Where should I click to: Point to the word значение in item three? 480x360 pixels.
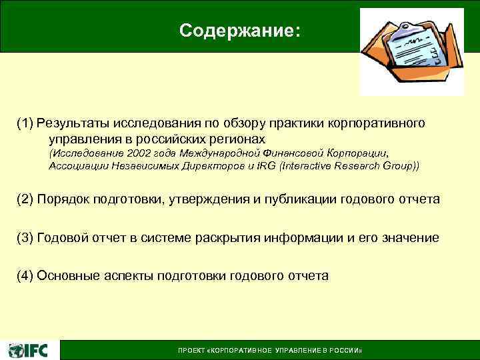point(411,237)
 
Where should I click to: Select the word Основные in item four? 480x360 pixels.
point(67,275)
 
